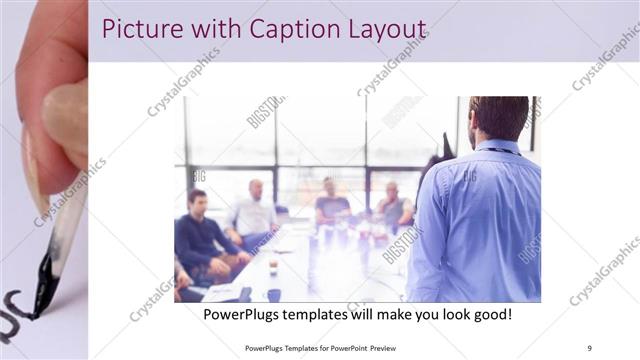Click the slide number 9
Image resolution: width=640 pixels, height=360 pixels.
[590, 348]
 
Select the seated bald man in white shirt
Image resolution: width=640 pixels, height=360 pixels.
[254, 211]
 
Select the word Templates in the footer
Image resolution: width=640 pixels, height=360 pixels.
[296, 348]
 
